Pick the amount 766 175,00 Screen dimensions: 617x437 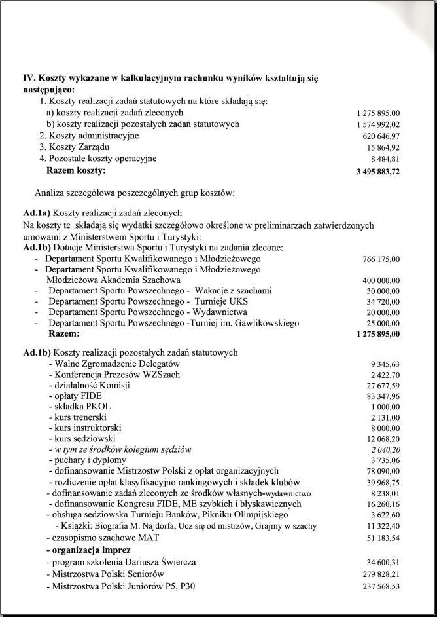pos(381,259)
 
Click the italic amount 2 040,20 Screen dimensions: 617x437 pos(385,450)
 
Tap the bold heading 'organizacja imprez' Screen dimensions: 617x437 pos(88,550)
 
